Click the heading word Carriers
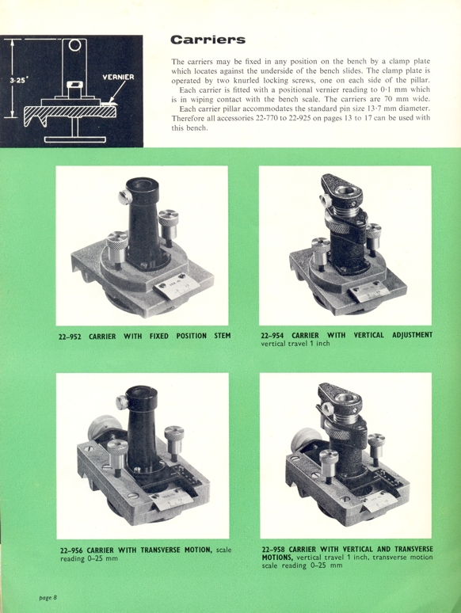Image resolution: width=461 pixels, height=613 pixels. tap(208, 39)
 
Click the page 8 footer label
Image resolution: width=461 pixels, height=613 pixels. tap(49, 596)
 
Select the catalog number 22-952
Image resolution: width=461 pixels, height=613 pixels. tap(72, 336)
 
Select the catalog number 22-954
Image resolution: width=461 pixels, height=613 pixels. tap(276, 335)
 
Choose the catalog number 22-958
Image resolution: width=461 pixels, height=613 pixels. tap(277, 547)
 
